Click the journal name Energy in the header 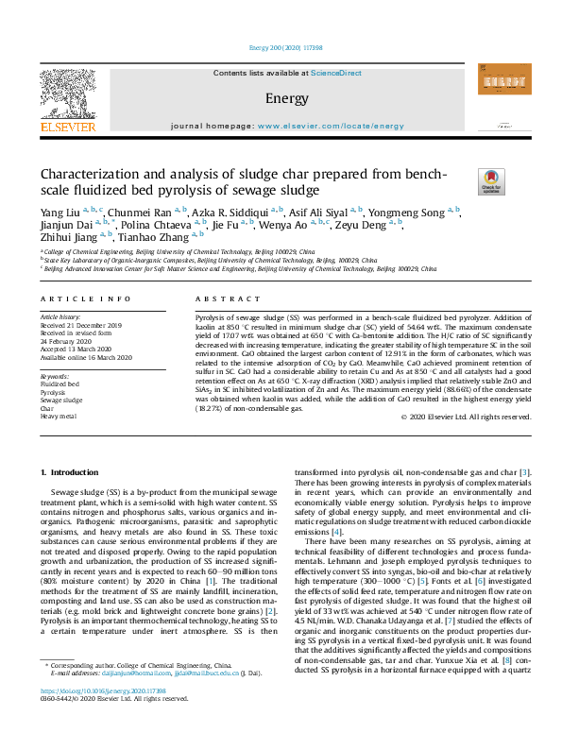click(286, 98)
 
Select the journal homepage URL click(324, 125)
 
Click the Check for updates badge click(491, 181)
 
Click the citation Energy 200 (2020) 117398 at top click(281, 46)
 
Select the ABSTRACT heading click(214, 298)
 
